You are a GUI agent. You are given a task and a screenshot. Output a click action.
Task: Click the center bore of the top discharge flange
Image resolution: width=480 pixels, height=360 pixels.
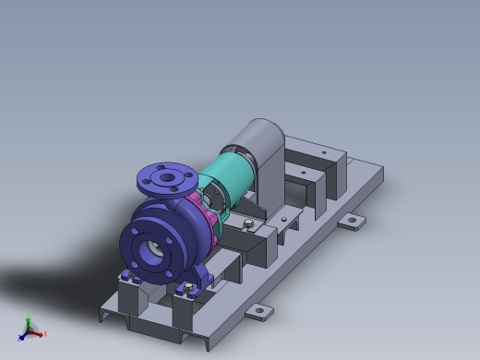(166, 176)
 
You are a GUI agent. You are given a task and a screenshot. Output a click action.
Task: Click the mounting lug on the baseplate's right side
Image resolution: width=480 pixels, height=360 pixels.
(352, 222)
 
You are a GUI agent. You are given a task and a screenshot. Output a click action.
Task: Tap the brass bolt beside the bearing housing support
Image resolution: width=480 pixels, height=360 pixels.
(246, 222)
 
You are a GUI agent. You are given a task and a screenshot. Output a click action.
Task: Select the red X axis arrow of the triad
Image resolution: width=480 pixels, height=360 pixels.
(38, 332)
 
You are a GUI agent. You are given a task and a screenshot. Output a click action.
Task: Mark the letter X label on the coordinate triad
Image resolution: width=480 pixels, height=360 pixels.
(43, 334)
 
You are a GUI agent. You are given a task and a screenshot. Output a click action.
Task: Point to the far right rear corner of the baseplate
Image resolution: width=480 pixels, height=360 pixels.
(381, 167)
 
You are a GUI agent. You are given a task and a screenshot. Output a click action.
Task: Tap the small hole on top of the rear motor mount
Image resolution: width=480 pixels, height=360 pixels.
(323, 153)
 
